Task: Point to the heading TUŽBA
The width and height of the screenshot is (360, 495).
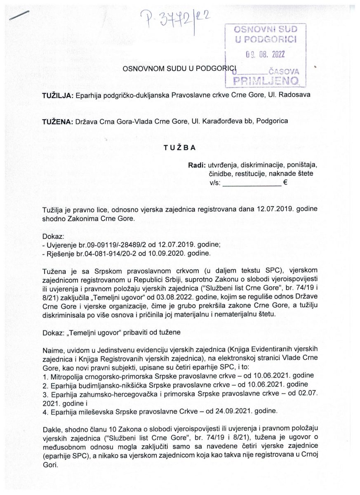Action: click(180, 147)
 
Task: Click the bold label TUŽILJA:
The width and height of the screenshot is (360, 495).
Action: click(58, 96)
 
